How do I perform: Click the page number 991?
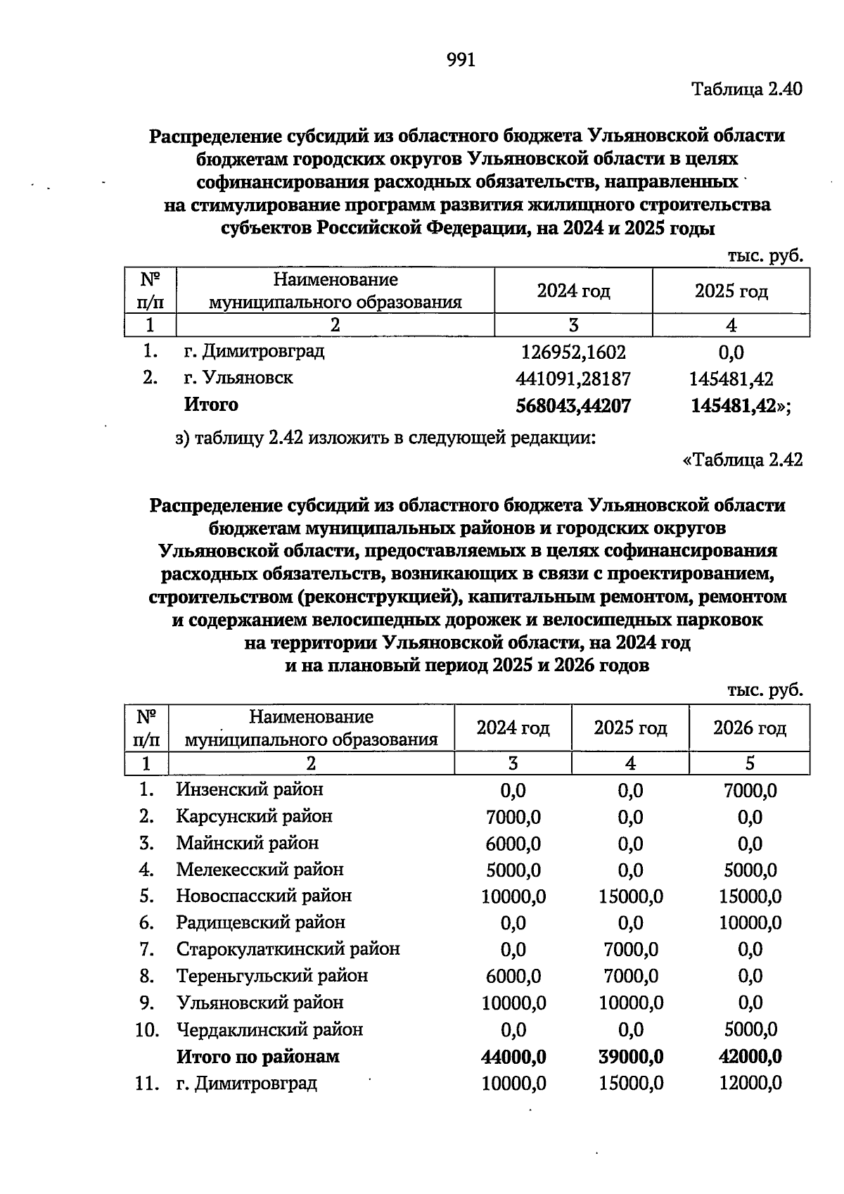coord(461,61)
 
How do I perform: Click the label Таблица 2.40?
coord(747,89)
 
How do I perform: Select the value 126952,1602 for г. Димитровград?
coord(573,352)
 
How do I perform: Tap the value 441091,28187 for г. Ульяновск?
coord(573,379)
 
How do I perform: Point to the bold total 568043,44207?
coord(573,406)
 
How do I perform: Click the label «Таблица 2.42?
coord(743,460)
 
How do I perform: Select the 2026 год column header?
coord(749,728)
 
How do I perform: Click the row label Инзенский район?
coord(250,789)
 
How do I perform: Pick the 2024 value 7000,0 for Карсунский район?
coord(513,817)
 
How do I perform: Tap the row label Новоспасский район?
coord(264,896)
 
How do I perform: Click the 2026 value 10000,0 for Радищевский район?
coord(750,923)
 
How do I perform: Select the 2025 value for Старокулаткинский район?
coord(631,950)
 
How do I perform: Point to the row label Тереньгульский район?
coord(271,977)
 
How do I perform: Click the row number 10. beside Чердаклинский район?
coord(147,1030)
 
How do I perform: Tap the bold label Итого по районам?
coord(257,1057)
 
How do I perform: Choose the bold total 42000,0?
coord(750,1057)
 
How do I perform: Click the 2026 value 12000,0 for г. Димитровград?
coord(750,1084)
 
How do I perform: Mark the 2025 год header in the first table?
coord(731,291)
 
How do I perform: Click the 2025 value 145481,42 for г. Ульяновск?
coord(731,379)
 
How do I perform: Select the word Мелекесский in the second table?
coord(233,870)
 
